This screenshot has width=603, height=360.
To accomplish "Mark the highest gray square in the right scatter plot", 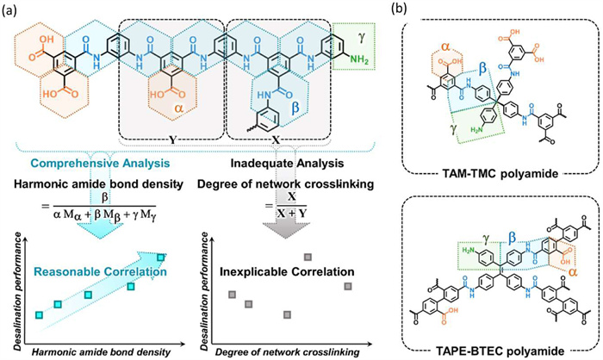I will point(307,256).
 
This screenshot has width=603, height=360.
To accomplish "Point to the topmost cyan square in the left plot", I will point(161,256).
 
